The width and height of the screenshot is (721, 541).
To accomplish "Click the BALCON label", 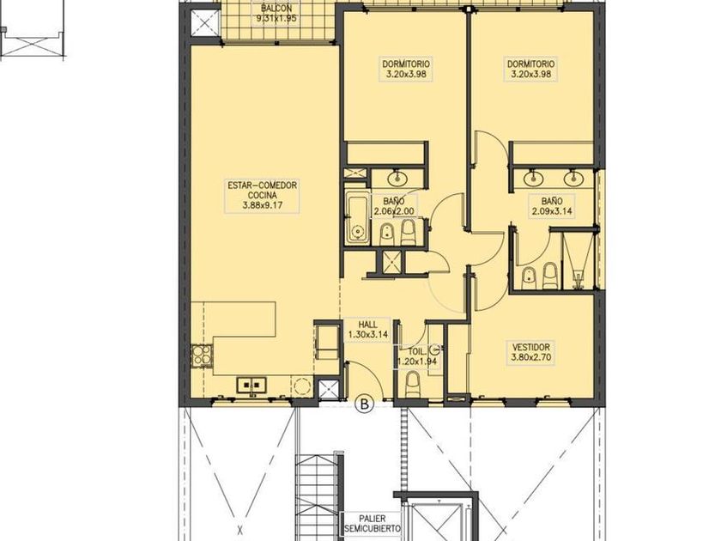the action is (276, 9).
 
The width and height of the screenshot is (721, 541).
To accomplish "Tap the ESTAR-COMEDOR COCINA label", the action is (262, 191).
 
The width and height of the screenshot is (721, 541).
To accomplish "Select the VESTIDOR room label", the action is (530, 347).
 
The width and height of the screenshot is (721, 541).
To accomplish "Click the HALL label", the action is (368, 325).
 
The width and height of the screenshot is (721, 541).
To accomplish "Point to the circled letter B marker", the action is (366, 404).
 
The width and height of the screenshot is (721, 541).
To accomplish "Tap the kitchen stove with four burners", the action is (200, 356).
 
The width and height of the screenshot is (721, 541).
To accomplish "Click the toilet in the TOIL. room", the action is (413, 384).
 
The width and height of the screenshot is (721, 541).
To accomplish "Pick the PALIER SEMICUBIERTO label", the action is (373, 524).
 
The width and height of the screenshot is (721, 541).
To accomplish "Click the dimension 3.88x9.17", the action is (262, 205).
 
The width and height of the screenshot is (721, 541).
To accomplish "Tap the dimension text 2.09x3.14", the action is (552, 211).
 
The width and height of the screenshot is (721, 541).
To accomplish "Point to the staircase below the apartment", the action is (318, 497).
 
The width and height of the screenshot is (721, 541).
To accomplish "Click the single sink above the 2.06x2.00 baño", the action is (396, 177).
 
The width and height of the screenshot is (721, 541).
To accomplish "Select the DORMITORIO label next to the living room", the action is (406, 64).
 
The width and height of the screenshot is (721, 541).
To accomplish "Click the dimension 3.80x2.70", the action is (530, 357).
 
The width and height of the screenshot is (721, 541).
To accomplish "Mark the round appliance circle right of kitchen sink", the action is (302, 386).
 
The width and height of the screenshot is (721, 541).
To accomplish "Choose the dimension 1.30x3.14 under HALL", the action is (368, 335).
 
